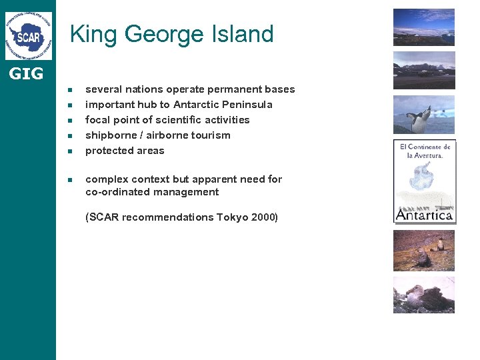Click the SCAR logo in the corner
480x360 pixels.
click(28, 35)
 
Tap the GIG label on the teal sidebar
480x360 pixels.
click(26, 74)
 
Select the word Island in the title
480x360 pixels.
click(243, 34)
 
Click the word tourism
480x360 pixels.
click(211, 135)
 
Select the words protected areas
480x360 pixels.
click(125, 151)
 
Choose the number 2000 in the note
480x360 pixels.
click(263, 217)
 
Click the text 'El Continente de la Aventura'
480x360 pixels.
click(425, 151)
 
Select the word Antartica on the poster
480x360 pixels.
click(424, 215)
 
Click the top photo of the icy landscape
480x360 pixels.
click(423, 27)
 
